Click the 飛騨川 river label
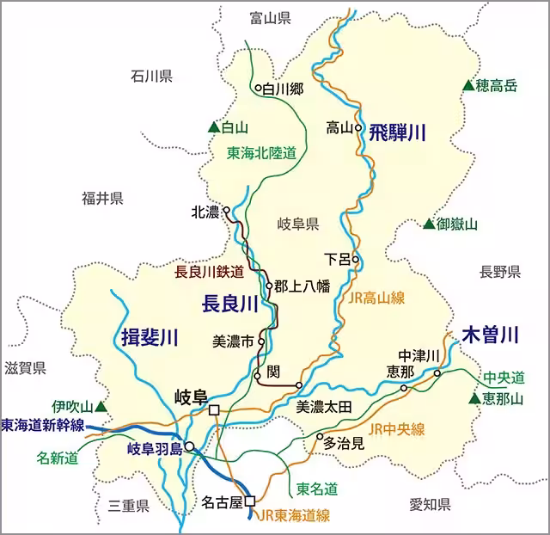(x=398, y=132)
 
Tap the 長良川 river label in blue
(x=229, y=304)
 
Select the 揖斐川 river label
(x=149, y=336)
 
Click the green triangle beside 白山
(x=213, y=127)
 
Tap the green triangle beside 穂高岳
(x=467, y=85)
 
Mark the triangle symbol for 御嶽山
(x=428, y=224)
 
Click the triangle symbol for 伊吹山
(x=101, y=405)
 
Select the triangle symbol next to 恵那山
(x=474, y=398)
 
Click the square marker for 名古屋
(x=250, y=501)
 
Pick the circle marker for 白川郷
(x=257, y=88)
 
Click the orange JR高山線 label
(x=377, y=298)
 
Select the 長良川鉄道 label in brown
(x=210, y=271)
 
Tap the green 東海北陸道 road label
(x=261, y=153)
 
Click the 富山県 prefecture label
(x=270, y=17)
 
